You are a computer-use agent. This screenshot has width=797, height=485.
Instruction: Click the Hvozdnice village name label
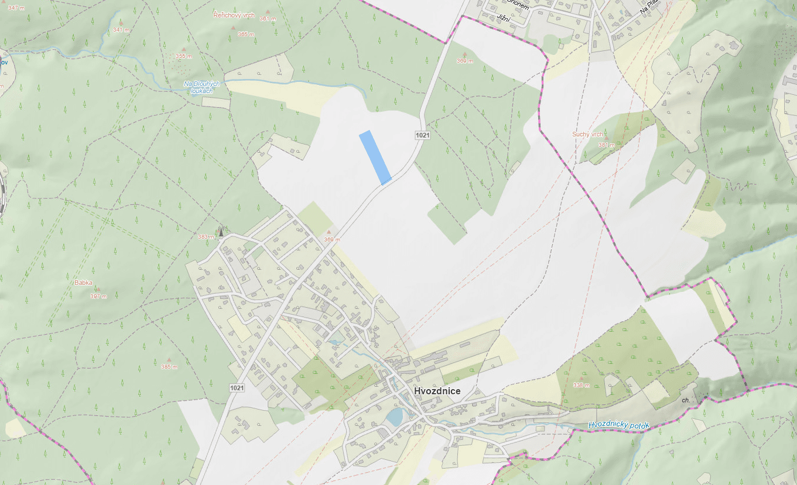437,391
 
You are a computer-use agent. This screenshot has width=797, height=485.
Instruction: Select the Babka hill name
83,283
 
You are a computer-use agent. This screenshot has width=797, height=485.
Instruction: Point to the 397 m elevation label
98,297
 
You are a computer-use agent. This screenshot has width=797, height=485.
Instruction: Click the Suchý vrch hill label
587,135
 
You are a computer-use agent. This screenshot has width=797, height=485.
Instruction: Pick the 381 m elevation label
606,145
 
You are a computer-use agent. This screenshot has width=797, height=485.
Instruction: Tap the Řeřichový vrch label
234,15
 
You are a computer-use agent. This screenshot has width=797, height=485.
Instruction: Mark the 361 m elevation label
267,19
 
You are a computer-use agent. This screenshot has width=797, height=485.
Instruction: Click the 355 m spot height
184,56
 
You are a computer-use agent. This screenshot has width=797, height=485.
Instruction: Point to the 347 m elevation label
16,7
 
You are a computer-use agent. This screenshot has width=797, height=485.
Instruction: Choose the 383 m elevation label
206,237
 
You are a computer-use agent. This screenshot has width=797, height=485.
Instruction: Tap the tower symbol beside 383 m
221,232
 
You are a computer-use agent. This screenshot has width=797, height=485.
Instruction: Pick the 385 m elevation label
169,367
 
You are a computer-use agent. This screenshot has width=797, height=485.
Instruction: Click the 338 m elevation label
581,385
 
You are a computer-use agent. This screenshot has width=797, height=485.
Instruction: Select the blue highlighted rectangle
375,157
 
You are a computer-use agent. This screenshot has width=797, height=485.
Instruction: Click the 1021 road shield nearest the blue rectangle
422,135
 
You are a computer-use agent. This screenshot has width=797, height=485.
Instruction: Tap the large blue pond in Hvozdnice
395,417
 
